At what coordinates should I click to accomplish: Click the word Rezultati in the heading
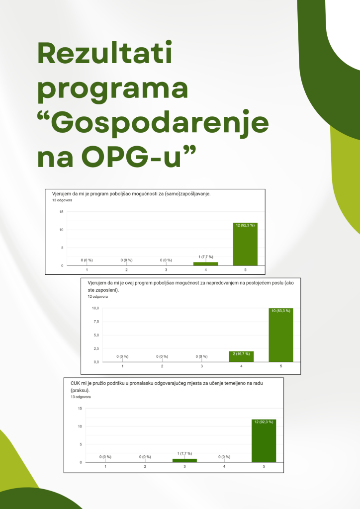105,53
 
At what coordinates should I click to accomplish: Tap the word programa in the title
113,89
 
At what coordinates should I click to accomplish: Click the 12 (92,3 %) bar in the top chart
245,244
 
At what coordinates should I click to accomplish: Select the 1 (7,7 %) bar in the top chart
205,264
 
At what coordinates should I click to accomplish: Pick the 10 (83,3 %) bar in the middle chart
281,335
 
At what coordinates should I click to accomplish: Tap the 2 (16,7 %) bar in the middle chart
241,356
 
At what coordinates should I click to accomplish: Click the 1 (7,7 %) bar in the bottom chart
184,460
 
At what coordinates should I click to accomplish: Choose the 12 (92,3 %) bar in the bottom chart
264,441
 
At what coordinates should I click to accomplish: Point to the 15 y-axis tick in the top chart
61,212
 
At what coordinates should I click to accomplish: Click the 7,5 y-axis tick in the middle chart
96,322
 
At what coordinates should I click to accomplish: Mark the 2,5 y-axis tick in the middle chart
96,348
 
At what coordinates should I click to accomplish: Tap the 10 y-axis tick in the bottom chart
80,426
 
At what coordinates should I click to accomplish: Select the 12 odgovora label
98,296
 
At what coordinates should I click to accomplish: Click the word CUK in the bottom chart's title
75,383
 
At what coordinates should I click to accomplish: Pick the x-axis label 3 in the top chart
166,270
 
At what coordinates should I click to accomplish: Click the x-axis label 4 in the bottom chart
224,466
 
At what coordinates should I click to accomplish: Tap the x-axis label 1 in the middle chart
122,366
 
